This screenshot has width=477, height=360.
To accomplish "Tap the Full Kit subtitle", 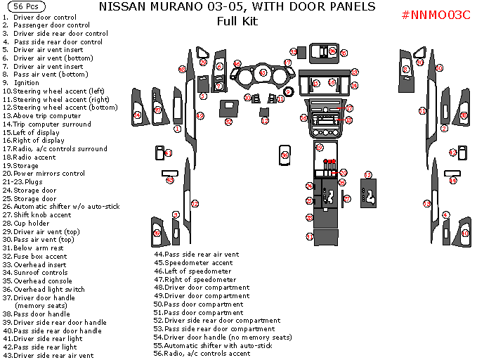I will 237,21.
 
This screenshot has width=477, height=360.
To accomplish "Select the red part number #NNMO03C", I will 436,15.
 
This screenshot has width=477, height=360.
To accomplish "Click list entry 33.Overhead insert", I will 36,264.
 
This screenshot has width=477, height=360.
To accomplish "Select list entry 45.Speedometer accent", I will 193,262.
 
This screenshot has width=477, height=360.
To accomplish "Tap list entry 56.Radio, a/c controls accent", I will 204,353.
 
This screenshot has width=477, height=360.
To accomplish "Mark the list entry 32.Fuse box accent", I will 34,256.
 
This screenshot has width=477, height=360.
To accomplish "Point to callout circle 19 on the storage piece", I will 320,148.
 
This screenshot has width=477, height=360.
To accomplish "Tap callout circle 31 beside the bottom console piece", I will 309,237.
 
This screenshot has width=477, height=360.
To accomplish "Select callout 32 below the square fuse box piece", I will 228,122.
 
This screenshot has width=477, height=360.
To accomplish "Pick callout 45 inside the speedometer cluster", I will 263,72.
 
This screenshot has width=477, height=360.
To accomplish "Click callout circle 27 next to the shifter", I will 347,199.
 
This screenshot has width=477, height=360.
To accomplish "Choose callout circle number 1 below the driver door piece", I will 178,129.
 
